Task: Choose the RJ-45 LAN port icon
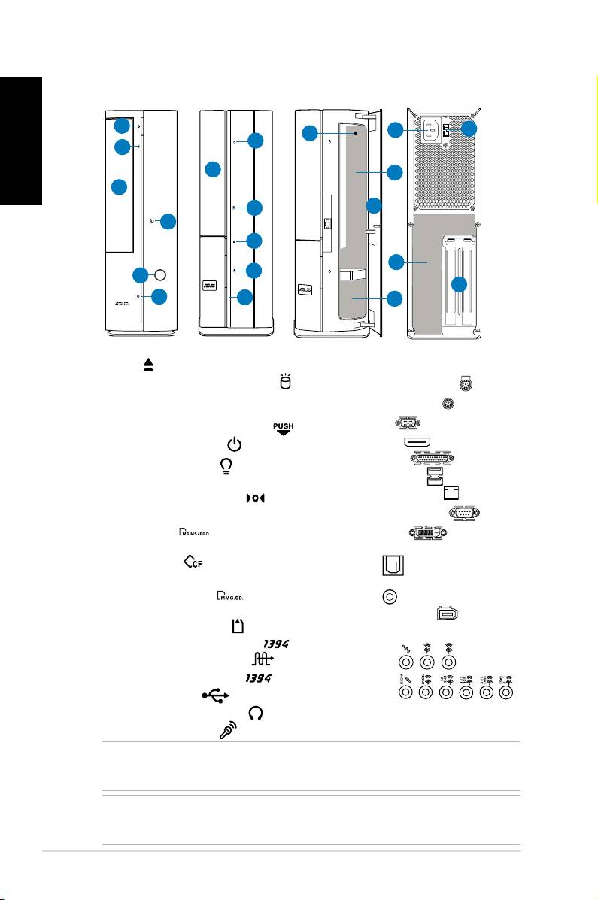(451, 492)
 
